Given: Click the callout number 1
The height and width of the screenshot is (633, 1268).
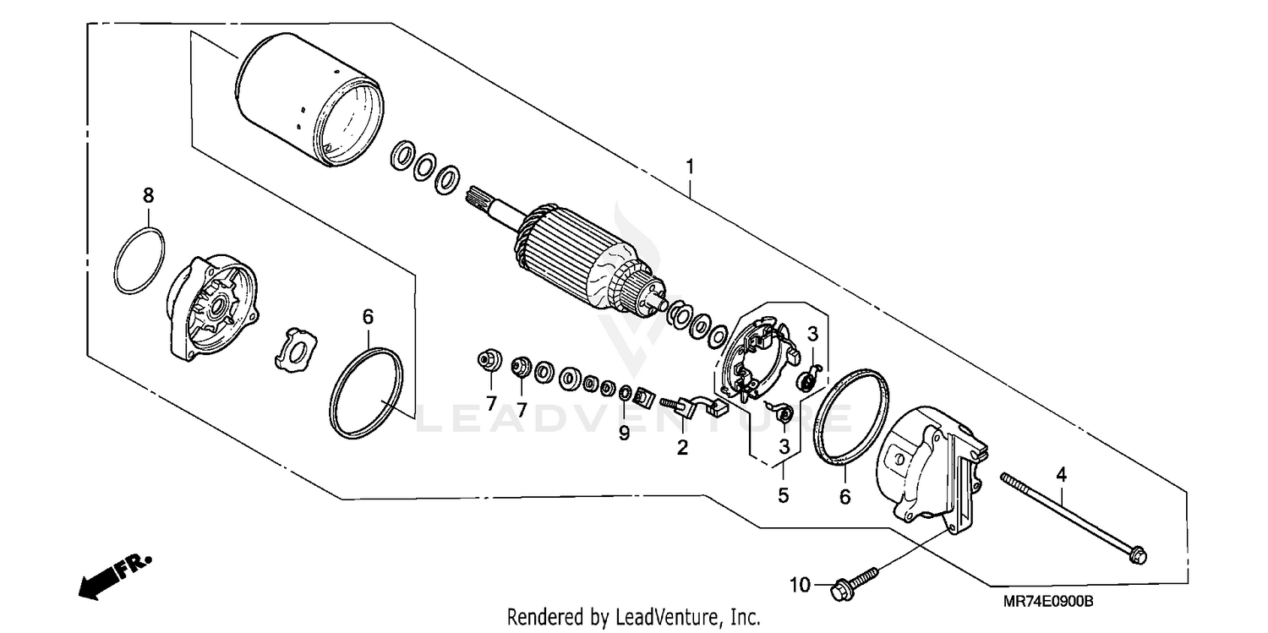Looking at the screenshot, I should [690, 166].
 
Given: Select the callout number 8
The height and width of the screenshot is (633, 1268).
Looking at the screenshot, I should [148, 195].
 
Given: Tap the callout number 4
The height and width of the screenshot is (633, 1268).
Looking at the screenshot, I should [1061, 474].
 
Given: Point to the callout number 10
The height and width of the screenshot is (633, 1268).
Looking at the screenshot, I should [801, 585].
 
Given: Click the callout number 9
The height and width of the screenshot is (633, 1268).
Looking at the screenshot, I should [624, 434].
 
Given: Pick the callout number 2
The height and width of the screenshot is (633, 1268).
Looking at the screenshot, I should [681, 448].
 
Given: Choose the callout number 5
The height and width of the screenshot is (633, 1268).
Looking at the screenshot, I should [784, 495].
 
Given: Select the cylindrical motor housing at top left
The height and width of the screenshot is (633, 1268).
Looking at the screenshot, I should [309, 99].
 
